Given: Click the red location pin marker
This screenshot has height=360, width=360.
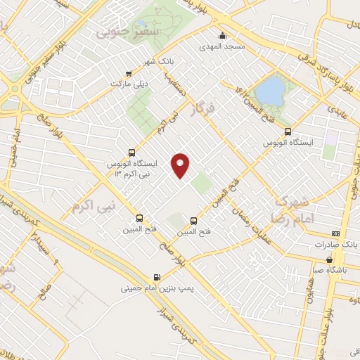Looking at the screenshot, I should [x=181, y=165].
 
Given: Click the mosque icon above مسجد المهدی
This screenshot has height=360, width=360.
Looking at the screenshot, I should [x=222, y=36].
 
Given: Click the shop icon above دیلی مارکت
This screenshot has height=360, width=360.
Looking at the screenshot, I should [x=128, y=73].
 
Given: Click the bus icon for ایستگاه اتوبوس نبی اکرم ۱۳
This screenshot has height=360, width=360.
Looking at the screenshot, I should [x=131, y=153].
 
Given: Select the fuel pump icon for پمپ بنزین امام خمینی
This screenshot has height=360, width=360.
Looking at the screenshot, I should [x=156, y=277].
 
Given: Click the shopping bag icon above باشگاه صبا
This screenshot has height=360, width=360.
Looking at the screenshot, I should [x=329, y=259].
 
